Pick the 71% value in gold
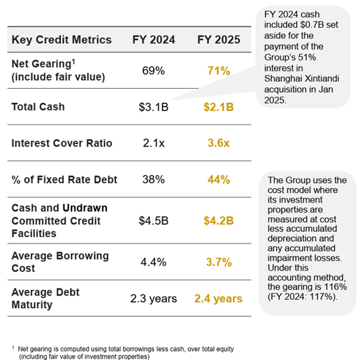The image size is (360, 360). coord(218,71)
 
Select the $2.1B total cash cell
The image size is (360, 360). coord(218,107)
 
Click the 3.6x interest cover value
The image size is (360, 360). coord(218,143)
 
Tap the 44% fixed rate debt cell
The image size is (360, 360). coord(218,180)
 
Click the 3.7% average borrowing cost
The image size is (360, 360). coord(218,262)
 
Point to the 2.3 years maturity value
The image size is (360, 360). coord(154,298)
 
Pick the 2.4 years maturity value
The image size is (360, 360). coord(218,298)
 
